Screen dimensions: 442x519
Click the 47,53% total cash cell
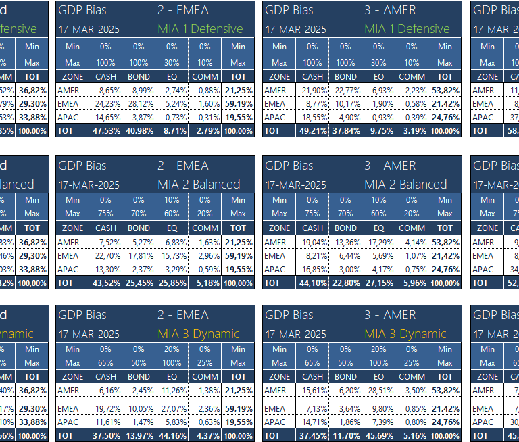(105, 130)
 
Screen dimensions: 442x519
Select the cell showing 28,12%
(139, 104)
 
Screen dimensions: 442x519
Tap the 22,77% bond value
(345, 91)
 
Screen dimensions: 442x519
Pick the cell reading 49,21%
(312, 130)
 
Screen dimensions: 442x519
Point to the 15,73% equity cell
(172, 256)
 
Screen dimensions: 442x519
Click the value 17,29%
(378, 243)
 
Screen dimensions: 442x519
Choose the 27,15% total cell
(378, 283)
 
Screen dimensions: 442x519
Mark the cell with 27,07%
(172, 408)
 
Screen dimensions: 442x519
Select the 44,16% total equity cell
(172, 435)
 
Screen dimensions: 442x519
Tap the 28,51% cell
(378, 390)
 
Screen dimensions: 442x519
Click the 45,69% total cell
(378, 435)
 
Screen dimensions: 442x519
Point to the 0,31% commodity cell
(205, 117)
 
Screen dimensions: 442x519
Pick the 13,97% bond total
(139, 435)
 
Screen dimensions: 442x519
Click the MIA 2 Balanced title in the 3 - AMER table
(405, 184)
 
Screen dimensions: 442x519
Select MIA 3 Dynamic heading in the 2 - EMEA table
(199, 334)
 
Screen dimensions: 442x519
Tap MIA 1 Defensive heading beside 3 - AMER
(406, 29)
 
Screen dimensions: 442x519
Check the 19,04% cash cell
(312, 243)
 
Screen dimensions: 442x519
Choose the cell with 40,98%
(139, 130)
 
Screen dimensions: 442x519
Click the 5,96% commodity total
(412, 283)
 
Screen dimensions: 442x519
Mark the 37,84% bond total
(345, 130)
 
